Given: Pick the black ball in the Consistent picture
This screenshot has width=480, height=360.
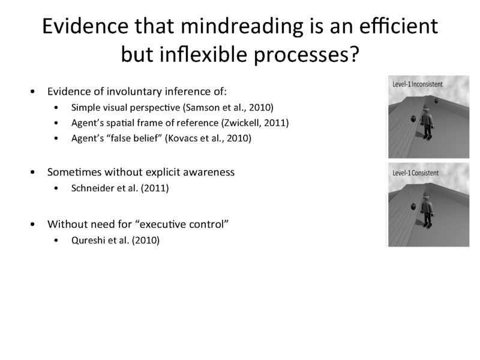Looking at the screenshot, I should (x=413, y=208).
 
